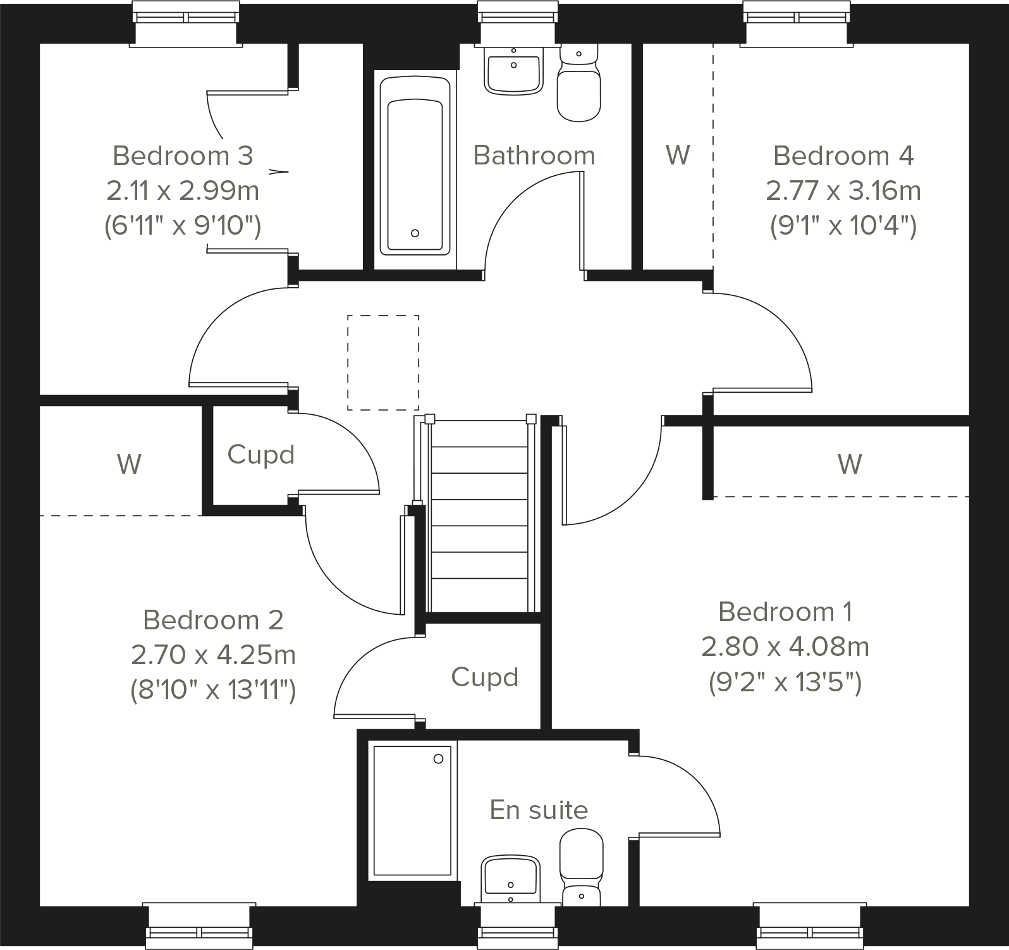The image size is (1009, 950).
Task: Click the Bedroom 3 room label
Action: pos(183,156)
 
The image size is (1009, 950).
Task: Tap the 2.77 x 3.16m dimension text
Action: pos(843,190)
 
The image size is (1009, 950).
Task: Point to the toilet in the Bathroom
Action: pos(578,85)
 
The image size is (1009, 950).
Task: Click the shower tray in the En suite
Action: pos(412,811)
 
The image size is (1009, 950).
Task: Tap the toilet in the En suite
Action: pos(581,867)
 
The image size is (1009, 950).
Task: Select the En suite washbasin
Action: pos(510,879)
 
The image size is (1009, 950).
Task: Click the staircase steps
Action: pos(479,512)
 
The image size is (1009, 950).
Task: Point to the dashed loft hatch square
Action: pos(383,362)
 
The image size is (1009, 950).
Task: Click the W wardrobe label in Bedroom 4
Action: pos(678,155)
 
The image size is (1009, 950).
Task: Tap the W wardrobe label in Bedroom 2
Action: pos(129,464)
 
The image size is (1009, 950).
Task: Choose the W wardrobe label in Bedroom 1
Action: pos(849,464)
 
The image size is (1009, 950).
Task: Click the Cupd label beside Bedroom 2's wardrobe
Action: pos(260,455)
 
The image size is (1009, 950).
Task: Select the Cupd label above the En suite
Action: pos(485,677)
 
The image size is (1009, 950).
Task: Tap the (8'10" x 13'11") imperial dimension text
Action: pos(213,690)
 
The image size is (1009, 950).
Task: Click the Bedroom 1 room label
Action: pos(785,612)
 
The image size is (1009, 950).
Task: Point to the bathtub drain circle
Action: pos(415,233)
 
